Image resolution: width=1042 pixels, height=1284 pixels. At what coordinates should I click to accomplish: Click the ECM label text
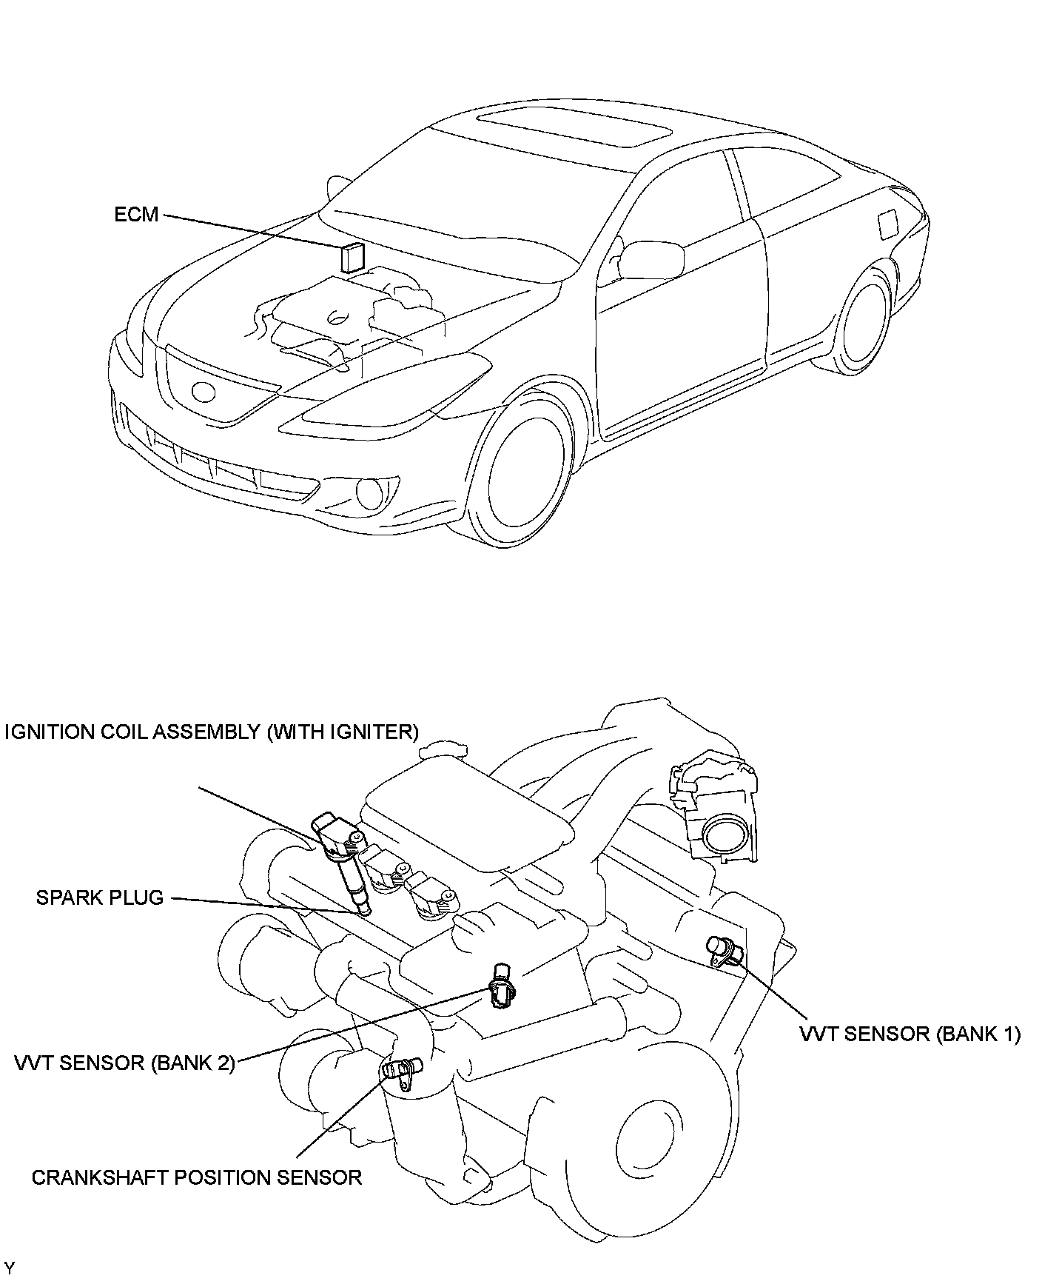coord(137,215)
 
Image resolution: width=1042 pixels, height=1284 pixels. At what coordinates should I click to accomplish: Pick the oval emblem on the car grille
coord(201,390)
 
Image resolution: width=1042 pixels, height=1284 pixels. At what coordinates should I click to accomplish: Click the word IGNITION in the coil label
coord(50,732)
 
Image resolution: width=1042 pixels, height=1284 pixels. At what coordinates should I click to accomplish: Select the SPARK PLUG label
coord(100,897)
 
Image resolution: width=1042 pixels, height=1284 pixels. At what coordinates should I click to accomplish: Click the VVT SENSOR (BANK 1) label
coord(910,1034)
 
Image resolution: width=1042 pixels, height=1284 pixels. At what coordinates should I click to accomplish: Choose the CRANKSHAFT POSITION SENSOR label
coord(197,1177)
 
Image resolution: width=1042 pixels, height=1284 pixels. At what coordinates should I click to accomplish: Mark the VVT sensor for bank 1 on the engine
coord(723,950)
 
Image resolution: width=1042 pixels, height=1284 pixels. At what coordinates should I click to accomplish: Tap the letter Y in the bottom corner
coord(9,1271)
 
